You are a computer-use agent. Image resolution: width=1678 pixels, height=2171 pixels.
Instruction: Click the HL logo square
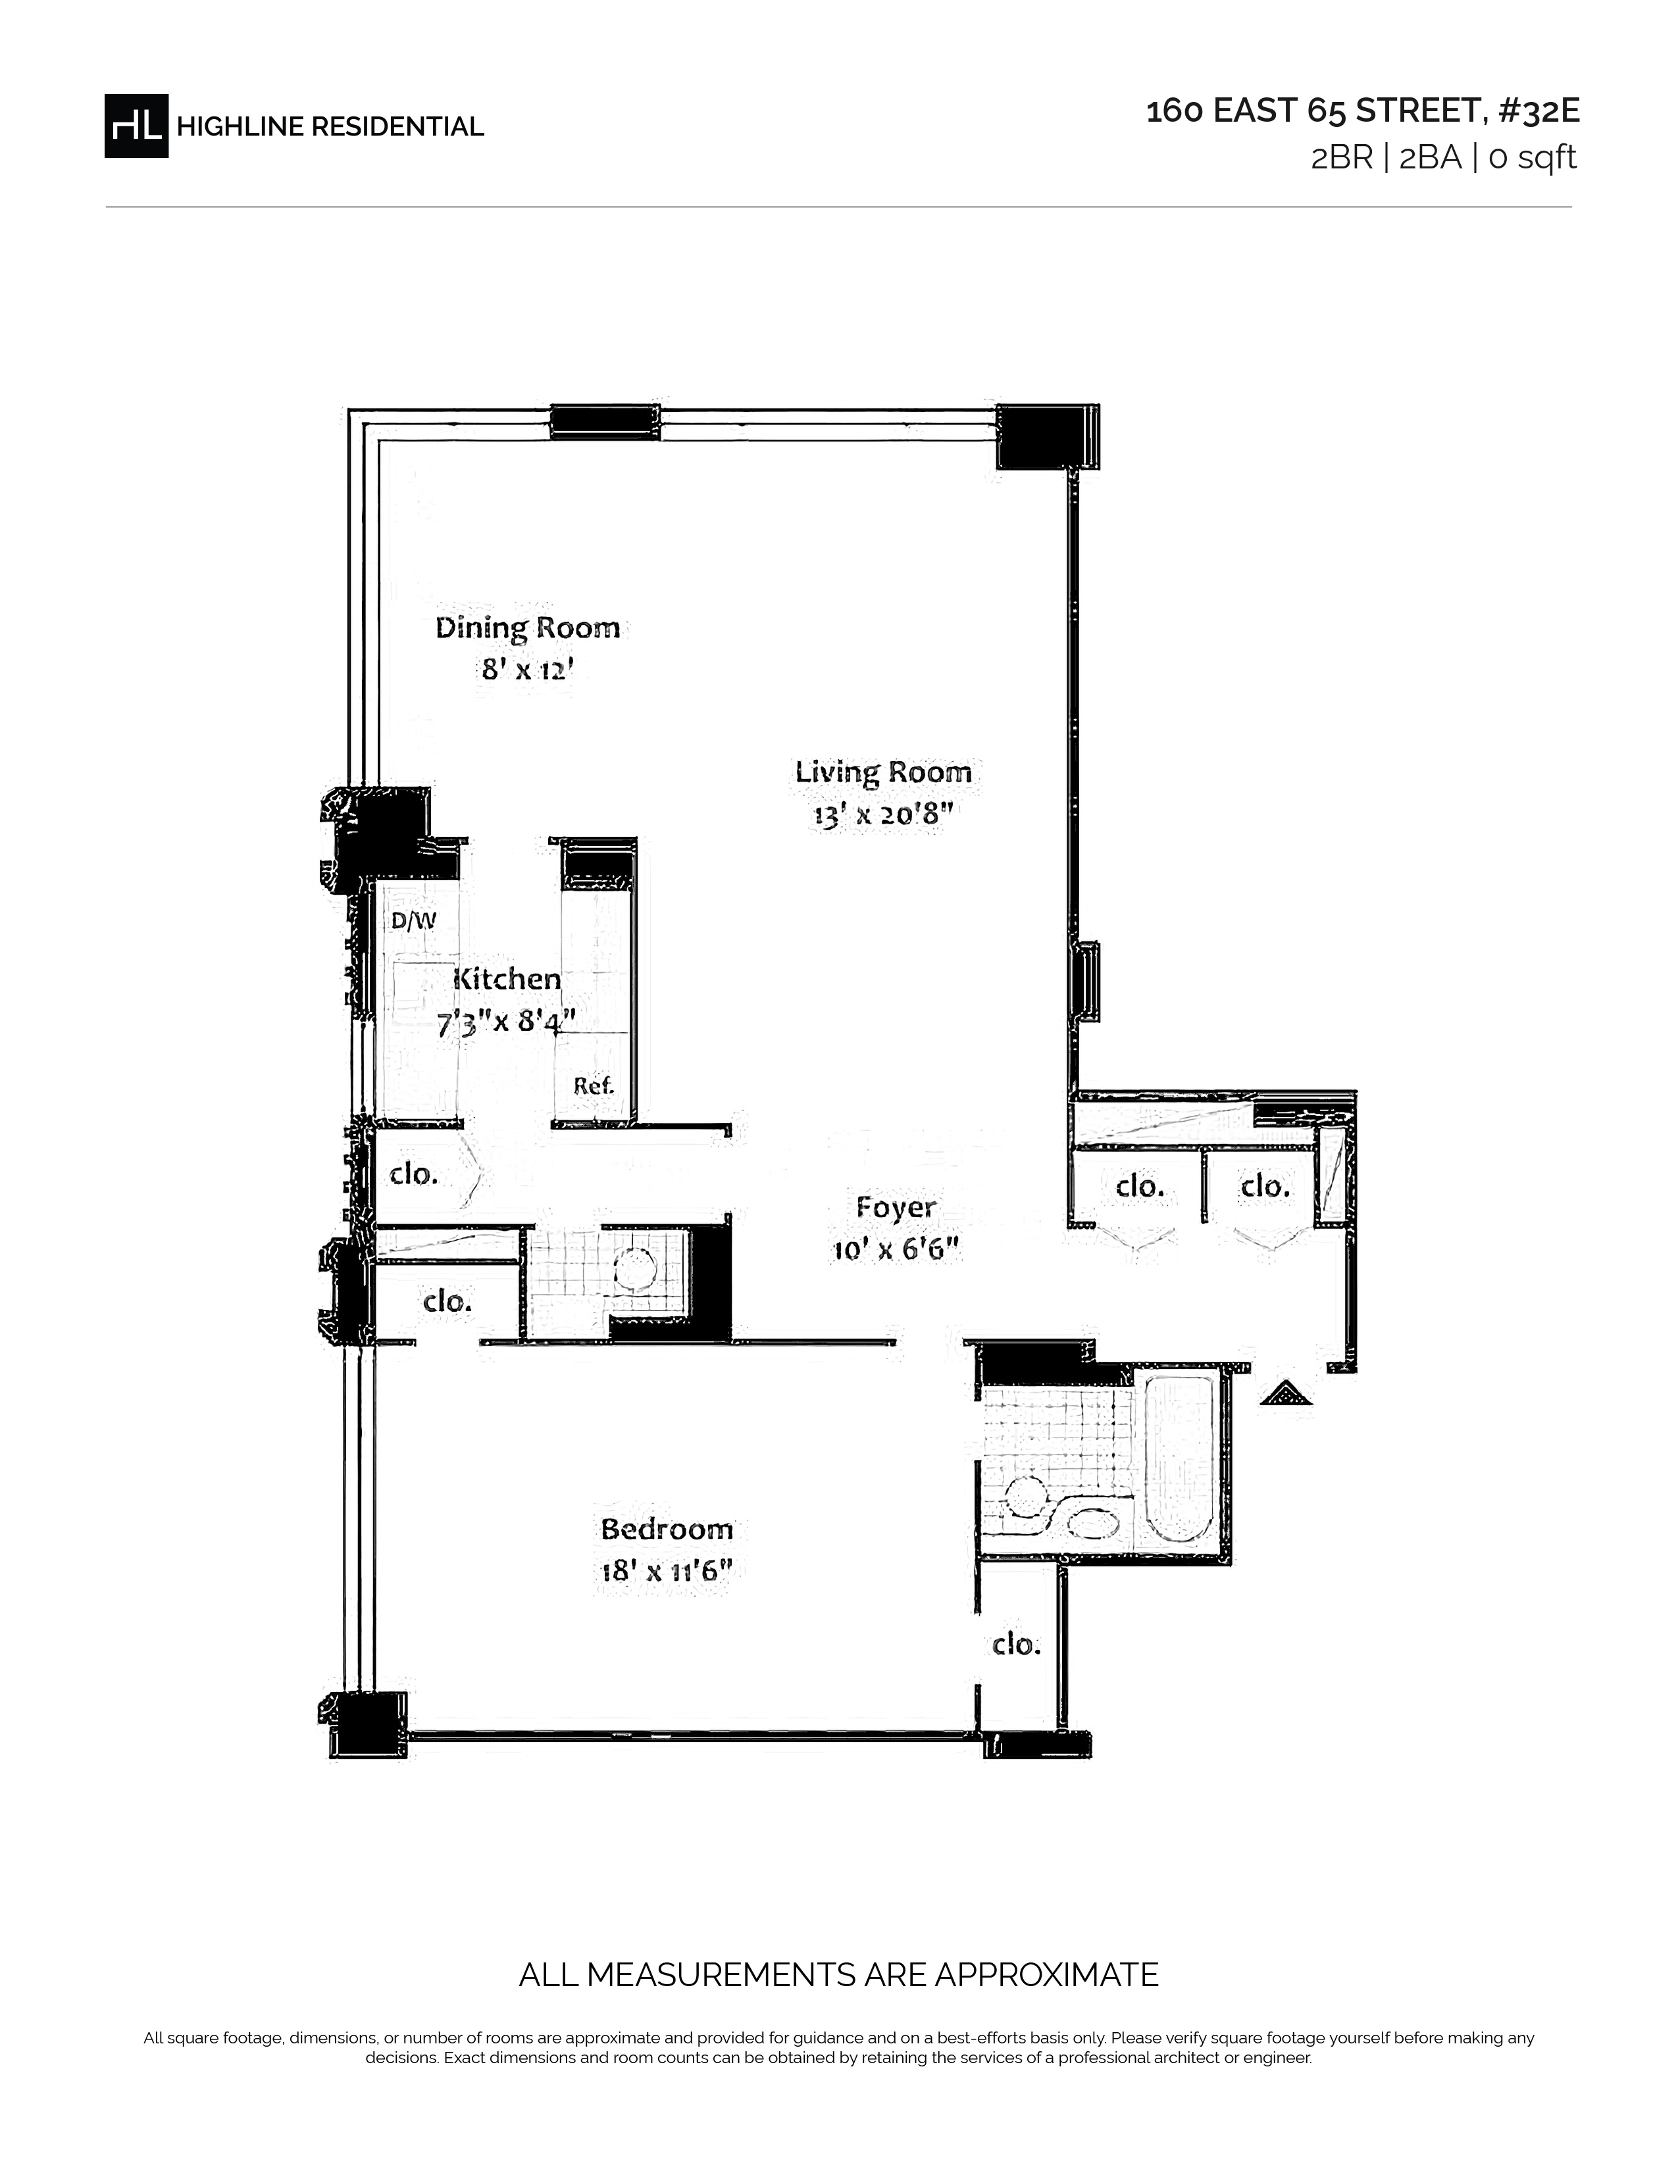136,125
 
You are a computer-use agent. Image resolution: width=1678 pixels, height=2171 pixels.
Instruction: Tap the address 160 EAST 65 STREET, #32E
1363,111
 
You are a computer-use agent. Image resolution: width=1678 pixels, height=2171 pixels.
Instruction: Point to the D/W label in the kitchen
413,920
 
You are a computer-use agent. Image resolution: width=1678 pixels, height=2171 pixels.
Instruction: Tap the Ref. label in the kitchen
594,1085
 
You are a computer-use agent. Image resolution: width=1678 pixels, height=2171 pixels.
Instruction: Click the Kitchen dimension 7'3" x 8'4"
506,1022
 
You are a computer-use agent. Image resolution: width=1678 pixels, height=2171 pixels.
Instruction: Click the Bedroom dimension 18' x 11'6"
666,1572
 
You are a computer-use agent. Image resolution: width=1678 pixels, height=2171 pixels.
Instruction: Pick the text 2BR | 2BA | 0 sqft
1443,158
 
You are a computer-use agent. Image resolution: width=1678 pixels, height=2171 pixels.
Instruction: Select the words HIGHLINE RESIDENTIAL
330,126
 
